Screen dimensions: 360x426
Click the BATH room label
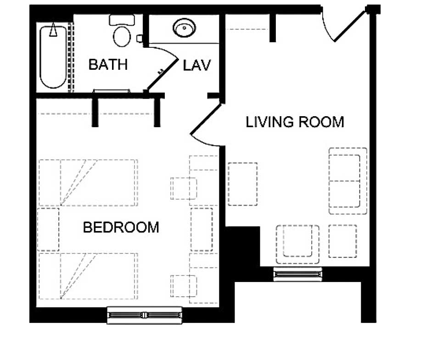[108, 65]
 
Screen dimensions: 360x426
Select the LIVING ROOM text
[295, 122]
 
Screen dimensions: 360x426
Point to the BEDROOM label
[121, 227]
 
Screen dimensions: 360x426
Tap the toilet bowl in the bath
[122, 36]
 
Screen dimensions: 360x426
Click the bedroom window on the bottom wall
[145, 315]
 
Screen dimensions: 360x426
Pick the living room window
[297, 274]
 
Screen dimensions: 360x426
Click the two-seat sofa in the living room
[348, 181]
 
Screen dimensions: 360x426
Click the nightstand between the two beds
[48, 229]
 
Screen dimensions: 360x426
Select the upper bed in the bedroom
[88, 182]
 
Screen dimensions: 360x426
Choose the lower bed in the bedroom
[88, 276]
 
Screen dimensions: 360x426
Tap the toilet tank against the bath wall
[122, 20]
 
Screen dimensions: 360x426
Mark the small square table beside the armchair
[343, 241]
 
